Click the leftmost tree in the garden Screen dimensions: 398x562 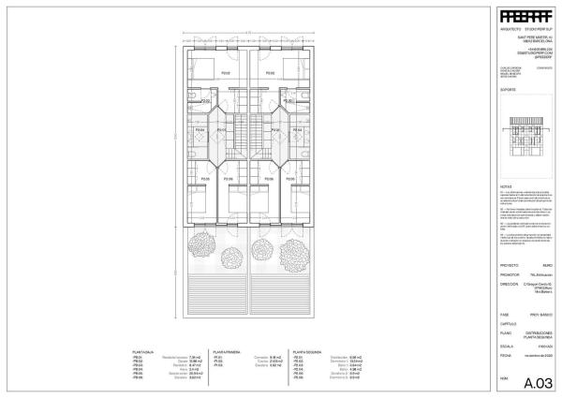coord(200,246)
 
